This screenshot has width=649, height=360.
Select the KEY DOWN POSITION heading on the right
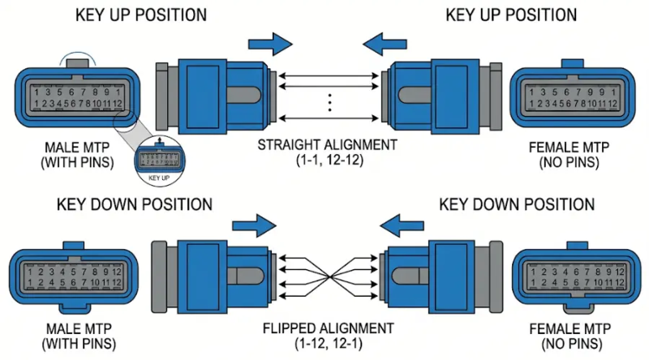point(517,204)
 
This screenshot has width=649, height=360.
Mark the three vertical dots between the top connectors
point(329,101)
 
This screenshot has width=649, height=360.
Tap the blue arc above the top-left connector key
point(72,56)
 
